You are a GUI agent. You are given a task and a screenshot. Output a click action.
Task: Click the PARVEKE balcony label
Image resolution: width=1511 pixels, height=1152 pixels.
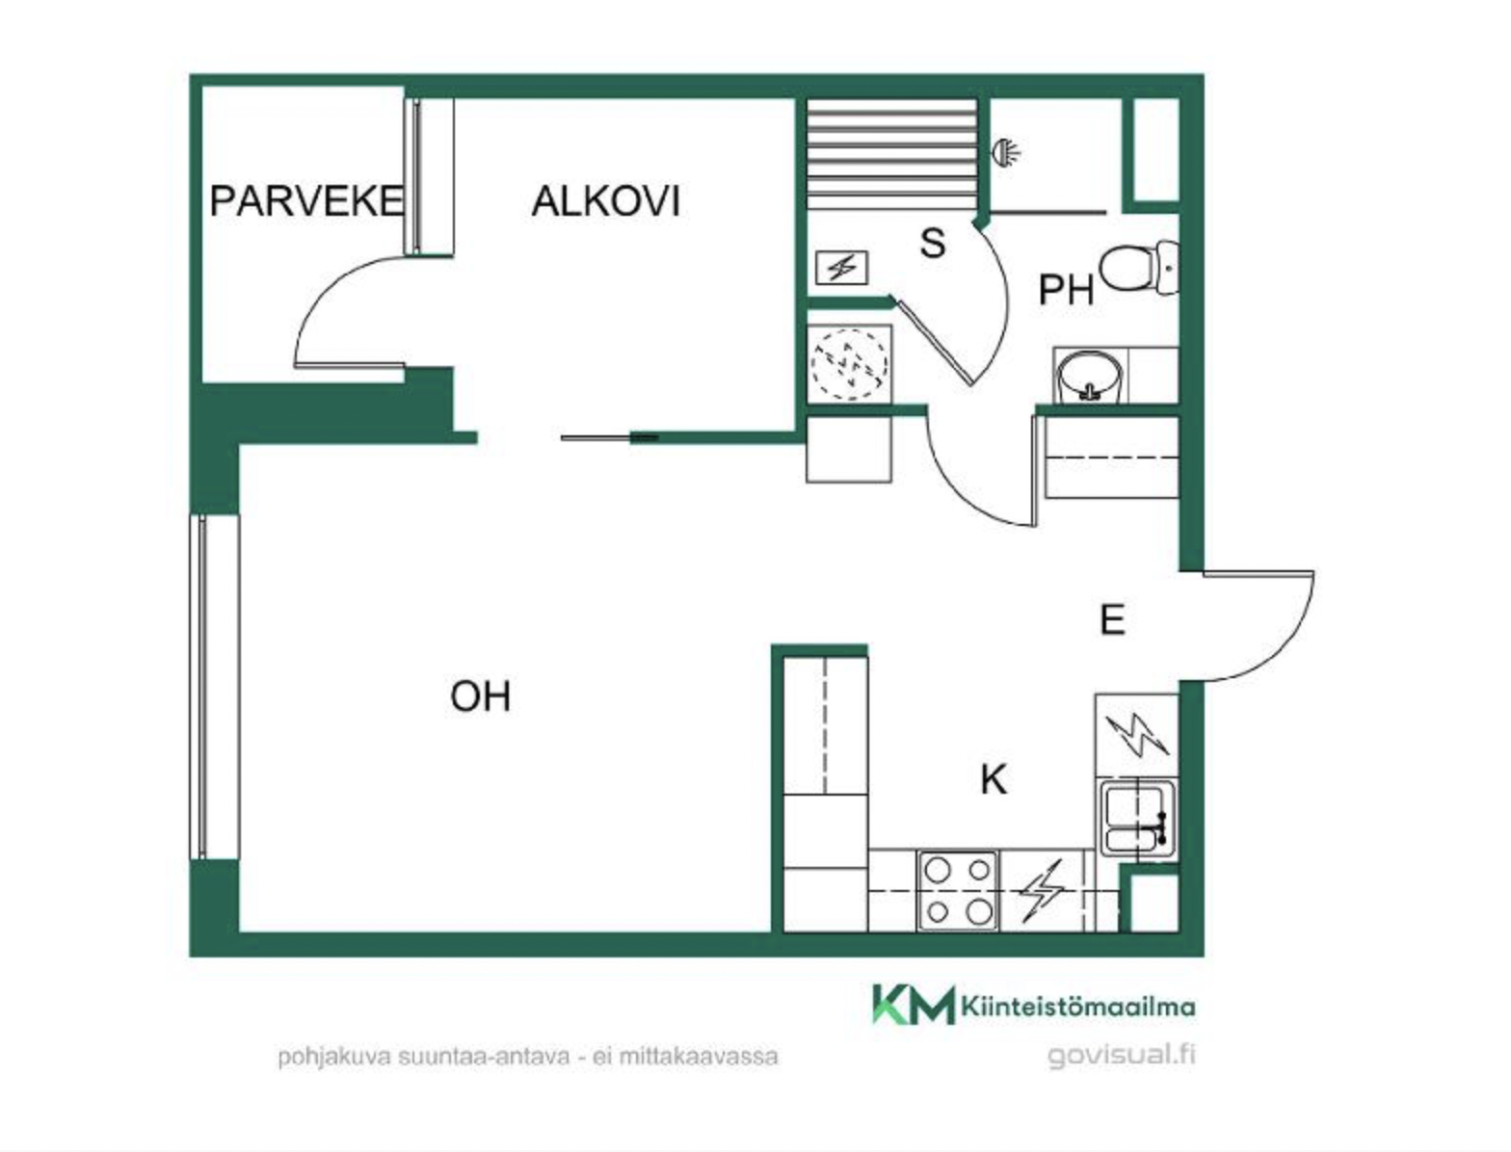(305, 200)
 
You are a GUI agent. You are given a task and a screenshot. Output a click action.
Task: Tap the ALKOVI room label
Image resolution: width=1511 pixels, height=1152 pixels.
(606, 200)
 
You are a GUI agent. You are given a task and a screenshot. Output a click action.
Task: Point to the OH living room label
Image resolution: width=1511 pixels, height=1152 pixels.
(481, 696)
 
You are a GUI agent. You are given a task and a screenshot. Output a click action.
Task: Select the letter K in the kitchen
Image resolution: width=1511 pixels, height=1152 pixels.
(994, 780)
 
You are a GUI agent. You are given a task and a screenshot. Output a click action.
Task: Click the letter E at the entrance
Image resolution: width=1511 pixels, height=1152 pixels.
(1112, 619)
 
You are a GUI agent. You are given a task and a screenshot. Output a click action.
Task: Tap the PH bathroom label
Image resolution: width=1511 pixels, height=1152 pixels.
(1067, 290)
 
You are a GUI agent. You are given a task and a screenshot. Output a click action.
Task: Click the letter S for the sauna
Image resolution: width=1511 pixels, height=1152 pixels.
(933, 243)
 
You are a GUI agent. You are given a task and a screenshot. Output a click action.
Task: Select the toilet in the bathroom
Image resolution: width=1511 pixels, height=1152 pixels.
(1139, 268)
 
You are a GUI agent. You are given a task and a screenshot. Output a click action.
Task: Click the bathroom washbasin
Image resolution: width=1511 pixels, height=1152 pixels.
(1091, 377)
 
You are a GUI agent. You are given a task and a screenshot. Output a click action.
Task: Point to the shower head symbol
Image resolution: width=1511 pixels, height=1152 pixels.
(1006, 151)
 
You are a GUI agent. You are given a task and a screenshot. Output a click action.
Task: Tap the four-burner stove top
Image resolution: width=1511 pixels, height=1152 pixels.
(958, 891)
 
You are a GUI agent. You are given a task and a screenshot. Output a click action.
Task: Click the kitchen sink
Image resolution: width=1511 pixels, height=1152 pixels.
(1138, 819)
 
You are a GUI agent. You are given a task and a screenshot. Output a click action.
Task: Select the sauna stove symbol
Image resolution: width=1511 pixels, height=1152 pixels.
(841, 268)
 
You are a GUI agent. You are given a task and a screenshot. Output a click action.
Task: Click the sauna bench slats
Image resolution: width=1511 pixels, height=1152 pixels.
(891, 154)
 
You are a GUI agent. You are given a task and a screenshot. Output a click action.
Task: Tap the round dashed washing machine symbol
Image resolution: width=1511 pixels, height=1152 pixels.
(850, 364)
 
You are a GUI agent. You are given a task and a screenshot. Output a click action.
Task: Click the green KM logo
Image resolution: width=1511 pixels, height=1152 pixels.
(914, 1005)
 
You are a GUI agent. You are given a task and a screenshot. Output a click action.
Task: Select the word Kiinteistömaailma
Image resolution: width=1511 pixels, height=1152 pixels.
(1077, 1008)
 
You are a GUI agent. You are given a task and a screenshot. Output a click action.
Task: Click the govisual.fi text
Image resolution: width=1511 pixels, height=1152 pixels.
(1122, 1055)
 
